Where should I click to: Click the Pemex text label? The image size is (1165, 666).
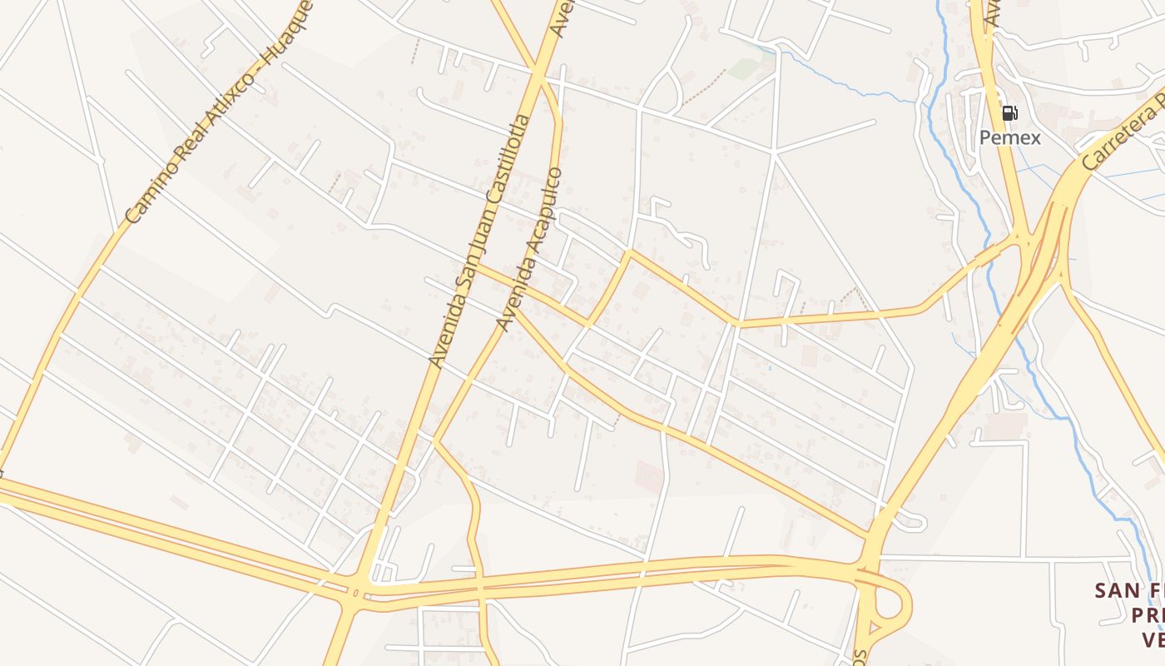point(1009,137)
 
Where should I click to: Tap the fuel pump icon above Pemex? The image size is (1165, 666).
point(1009,113)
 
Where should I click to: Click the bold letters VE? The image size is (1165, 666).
point(1152,639)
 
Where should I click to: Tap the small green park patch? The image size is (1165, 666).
point(743,68)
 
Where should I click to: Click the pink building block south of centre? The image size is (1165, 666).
point(650,475)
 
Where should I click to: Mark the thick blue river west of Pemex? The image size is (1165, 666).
point(957,166)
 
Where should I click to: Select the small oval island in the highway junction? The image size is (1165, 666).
point(356,594)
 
